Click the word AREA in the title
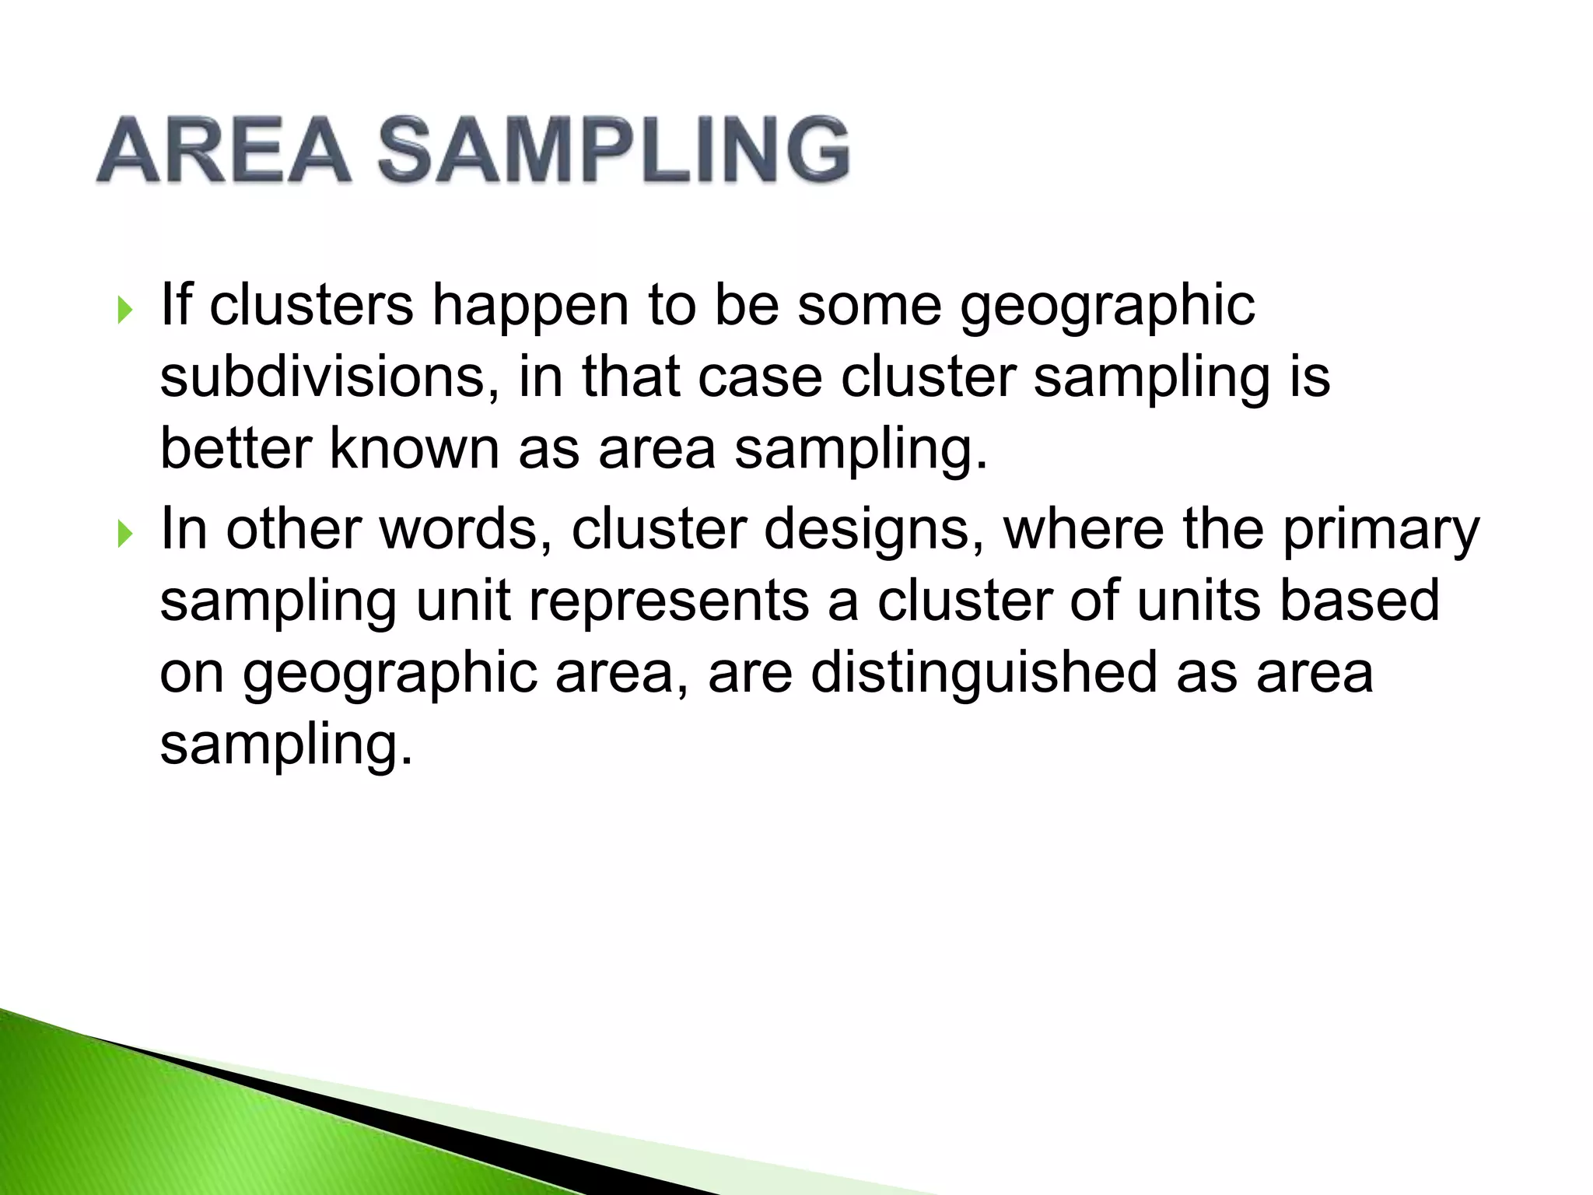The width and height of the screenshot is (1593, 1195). pyautogui.click(x=224, y=150)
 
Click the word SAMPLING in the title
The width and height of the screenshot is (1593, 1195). pyautogui.click(x=614, y=150)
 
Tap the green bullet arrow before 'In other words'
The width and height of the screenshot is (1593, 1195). pyautogui.click(x=124, y=534)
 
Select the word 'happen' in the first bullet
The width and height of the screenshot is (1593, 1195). pyautogui.click(x=530, y=307)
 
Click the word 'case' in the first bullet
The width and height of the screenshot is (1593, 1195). pyautogui.click(x=760, y=377)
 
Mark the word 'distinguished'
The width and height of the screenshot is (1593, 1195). pyautogui.click(x=984, y=674)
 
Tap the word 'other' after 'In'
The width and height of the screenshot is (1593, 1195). pyautogui.click(x=293, y=529)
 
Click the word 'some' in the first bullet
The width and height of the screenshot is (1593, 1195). pyautogui.click(x=870, y=305)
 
